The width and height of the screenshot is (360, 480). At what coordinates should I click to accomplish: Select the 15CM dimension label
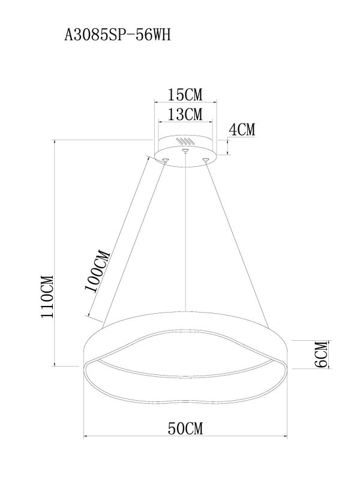185,95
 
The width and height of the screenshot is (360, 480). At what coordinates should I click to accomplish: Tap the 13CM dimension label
185,113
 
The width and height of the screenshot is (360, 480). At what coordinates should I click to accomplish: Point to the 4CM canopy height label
242,129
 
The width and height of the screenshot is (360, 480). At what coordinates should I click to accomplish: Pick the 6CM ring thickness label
320,354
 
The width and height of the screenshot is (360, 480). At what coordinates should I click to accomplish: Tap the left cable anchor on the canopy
164,159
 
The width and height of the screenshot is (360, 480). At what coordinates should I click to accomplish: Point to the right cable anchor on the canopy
207,159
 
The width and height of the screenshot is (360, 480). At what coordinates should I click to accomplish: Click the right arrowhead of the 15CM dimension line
216,103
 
